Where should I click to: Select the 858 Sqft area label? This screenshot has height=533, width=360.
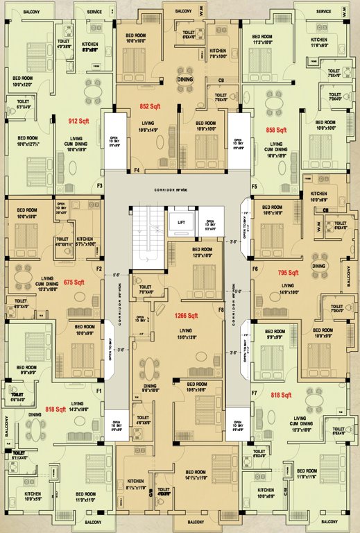275,130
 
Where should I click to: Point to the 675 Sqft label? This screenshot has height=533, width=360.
74,282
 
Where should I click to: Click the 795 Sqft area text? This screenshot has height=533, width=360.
287,273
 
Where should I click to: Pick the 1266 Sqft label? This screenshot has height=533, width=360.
187,315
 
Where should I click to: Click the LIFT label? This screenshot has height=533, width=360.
182,222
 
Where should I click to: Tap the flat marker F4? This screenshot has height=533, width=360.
137,170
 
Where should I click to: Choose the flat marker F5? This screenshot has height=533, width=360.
255,187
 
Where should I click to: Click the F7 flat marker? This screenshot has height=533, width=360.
255,394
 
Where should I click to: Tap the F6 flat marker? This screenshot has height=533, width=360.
255,268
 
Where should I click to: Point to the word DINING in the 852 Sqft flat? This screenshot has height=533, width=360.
185,81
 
